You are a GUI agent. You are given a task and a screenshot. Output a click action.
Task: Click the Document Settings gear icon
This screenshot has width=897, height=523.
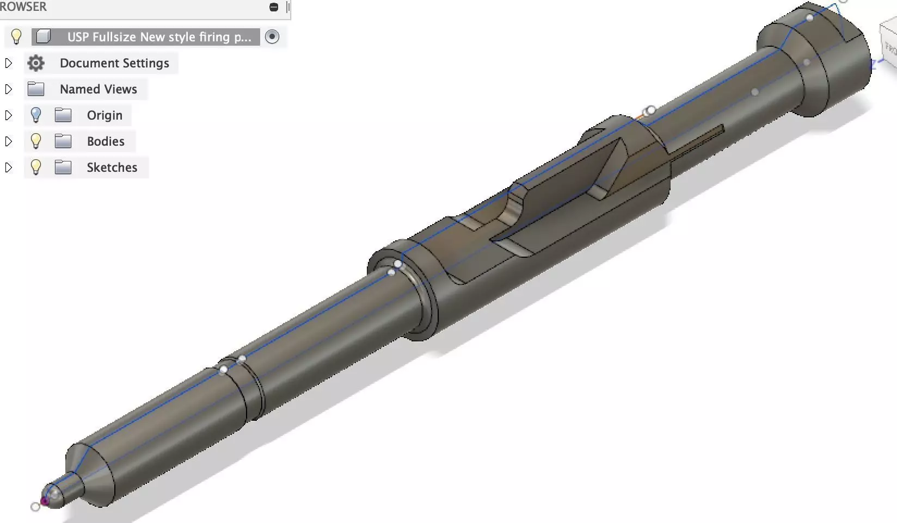[36, 63]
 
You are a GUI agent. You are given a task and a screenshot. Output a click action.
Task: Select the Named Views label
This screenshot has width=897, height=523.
[98, 89]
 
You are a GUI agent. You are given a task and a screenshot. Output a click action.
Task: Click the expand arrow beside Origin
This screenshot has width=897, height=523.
[9, 115]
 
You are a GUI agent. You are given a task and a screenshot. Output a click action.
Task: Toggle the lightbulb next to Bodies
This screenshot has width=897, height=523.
[36, 141]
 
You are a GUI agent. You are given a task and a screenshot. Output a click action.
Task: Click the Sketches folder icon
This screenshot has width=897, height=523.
[63, 167]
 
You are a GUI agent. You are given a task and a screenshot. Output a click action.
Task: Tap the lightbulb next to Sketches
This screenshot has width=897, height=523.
[36, 167]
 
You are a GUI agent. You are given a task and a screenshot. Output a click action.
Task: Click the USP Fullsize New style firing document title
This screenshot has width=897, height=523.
[159, 37]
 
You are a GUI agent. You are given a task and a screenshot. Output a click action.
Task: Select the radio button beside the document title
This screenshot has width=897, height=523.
[272, 37]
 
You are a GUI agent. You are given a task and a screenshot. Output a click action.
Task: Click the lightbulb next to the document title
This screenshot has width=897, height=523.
[16, 37]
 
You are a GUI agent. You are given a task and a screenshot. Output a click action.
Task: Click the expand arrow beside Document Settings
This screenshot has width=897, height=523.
[9, 63]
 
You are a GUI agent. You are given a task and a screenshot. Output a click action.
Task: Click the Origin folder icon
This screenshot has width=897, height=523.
[63, 115]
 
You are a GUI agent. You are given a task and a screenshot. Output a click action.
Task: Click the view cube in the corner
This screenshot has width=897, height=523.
[889, 46]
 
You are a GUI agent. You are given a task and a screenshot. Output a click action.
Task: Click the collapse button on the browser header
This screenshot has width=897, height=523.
[274, 7]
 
